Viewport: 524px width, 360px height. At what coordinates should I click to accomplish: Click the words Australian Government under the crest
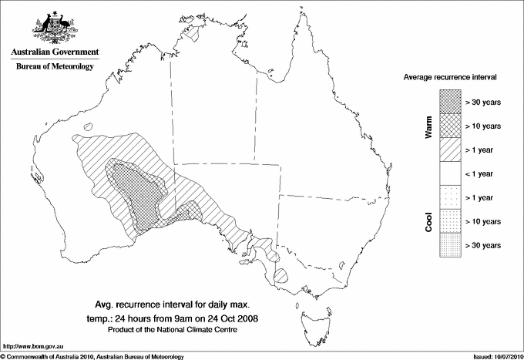coord(54,52)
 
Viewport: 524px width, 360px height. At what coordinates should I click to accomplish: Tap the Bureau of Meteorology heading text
coord(54,67)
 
